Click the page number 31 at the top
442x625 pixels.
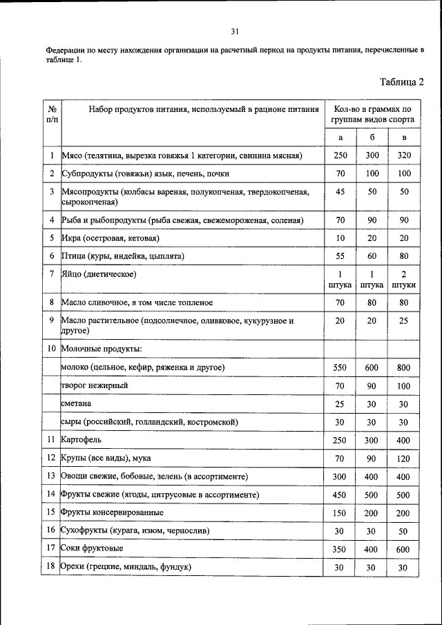pos(235,31)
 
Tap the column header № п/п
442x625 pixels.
pos(52,114)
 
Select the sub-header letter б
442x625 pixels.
pos(372,138)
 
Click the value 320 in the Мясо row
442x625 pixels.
pos(405,156)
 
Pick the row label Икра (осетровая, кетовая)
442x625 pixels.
pos(110,238)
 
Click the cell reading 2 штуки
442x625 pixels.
pos(405,279)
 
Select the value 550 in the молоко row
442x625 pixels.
pos(340,367)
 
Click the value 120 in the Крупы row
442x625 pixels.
pos(405,457)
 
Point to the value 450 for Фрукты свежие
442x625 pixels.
pos(340,494)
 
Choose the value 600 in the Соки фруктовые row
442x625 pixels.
pos(405,548)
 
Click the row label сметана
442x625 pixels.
pos(77,403)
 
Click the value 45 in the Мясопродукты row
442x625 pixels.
pos(340,191)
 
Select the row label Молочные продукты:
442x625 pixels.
pos(102,349)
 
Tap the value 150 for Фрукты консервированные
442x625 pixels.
pos(340,513)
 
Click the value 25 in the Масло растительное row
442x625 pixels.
pos(405,321)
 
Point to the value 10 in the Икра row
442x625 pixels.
pos(340,238)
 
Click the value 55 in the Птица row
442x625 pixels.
pos(340,256)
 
